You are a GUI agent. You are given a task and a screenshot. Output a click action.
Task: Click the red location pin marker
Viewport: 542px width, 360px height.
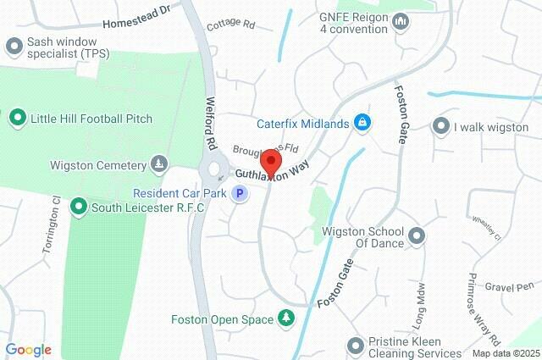tap(270, 161)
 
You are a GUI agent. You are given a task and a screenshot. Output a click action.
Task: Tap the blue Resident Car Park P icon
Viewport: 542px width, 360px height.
tap(241, 194)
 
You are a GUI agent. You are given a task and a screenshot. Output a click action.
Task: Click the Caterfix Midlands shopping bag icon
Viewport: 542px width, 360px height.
tap(362, 124)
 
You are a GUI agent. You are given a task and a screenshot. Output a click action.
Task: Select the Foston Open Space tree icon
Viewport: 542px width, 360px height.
tap(287, 318)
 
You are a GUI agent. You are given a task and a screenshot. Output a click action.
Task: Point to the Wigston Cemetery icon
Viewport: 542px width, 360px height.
tap(158, 162)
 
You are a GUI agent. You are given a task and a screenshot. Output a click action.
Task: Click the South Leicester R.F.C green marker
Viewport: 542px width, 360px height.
tap(79, 206)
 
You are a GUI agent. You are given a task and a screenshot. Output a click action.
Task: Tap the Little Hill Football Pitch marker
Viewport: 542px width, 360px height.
tap(17, 118)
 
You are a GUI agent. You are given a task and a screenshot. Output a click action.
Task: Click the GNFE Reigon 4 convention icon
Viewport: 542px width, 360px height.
tap(401, 20)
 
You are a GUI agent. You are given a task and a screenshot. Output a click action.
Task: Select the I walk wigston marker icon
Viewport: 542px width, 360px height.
tap(440, 127)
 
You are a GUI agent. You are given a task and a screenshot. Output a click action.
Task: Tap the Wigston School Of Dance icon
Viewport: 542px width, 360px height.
tap(416, 235)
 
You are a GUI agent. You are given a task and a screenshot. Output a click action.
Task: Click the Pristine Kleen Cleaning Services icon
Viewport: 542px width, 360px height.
tap(355, 345)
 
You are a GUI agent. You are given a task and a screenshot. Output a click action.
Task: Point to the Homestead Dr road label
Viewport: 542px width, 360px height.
tap(136, 17)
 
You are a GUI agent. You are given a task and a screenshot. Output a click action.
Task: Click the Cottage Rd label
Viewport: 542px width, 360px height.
tap(230, 25)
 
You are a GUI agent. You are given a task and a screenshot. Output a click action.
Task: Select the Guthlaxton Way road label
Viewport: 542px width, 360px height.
tap(272, 172)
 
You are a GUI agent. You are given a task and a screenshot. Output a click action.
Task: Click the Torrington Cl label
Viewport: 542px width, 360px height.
tap(53, 226)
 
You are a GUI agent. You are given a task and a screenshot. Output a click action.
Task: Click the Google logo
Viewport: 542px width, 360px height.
tap(28, 349)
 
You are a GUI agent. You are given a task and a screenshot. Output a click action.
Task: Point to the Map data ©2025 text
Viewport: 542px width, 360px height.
tap(505, 353)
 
